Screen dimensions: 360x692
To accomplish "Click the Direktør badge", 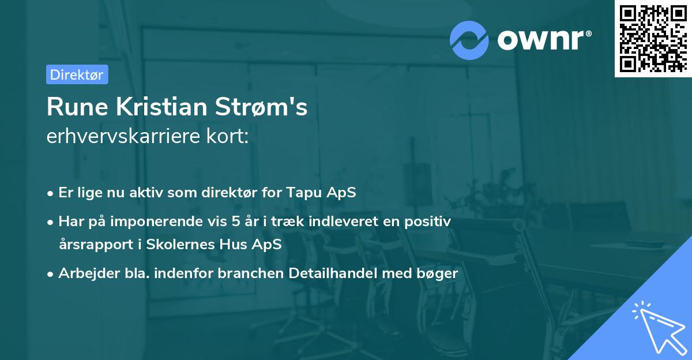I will tap(77, 74).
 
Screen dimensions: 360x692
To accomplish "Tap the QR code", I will tap(653, 38).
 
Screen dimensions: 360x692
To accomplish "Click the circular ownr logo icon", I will tap(469, 40).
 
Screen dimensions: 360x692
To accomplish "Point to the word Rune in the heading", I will tap(72, 107).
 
